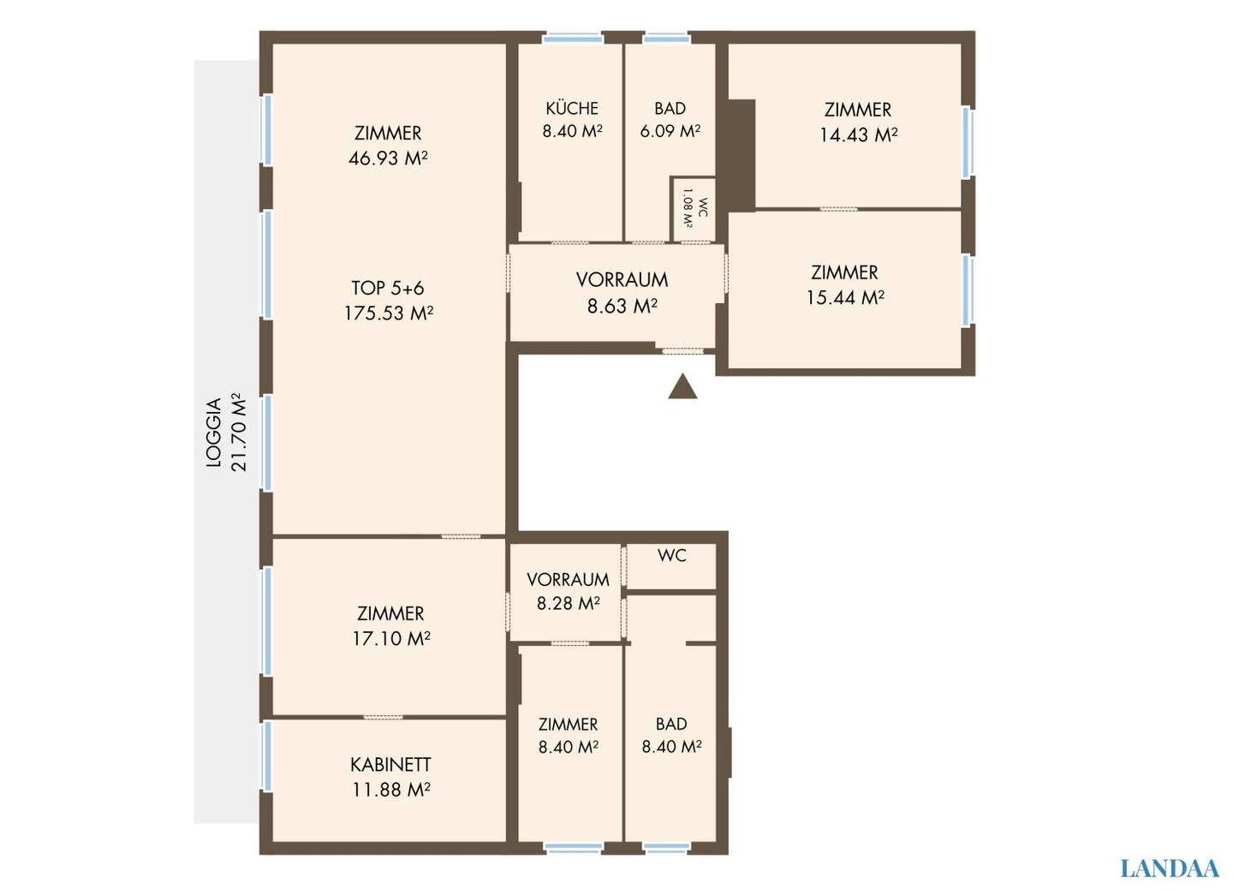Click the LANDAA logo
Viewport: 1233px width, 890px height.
pyautogui.click(x=1170, y=868)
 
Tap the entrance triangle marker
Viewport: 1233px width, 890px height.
pyautogui.click(x=682, y=385)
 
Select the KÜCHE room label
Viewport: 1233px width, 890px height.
pyautogui.click(x=572, y=108)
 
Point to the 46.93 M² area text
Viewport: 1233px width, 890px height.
pyautogui.click(x=388, y=158)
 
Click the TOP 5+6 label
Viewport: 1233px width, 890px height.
pyautogui.click(x=388, y=288)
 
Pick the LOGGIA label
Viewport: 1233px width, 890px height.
pyautogui.click(x=213, y=433)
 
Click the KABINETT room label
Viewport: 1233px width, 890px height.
pyautogui.click(x=390, y=764)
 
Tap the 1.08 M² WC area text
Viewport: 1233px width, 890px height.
pyautogui.click(x=688, y=208)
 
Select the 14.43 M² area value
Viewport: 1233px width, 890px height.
pyautogui.click(x=859, y=135)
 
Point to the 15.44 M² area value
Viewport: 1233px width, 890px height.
pyautogui.click(x=845, y=298)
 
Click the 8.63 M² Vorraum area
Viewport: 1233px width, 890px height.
pyautogui.click(x=622, y=306)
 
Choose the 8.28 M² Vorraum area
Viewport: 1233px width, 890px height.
pyautogui.click(x=568, y=604)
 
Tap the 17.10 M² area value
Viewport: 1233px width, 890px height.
pyautogui.click(x=391, y=639)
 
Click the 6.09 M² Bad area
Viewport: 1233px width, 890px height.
pyautogui.click(x=670, y=131)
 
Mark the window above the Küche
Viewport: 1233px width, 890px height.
pyautogui.click(x=573, y=38)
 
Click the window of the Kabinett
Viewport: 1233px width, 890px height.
pyautogui.click(x=266, y=756)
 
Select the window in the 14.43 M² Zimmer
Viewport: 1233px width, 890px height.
pyautogui.click(x=968, y=142)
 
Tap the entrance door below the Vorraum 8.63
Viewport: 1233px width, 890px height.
pyautogui.click(x=682, y=351)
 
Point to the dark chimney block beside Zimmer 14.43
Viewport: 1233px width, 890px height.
pyautogui.click(x=741, y=155)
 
